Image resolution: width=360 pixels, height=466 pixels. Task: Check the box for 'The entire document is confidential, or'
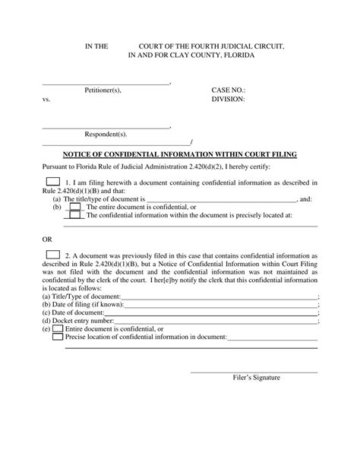[74, 207]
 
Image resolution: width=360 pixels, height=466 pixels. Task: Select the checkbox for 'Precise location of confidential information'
[58, 336]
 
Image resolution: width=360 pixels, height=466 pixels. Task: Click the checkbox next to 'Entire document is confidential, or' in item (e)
[58, 328]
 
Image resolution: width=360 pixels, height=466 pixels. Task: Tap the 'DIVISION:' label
[229, 99]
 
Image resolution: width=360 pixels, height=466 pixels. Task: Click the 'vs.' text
[46, 99]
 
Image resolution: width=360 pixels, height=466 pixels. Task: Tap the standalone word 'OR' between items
[47, 238]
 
